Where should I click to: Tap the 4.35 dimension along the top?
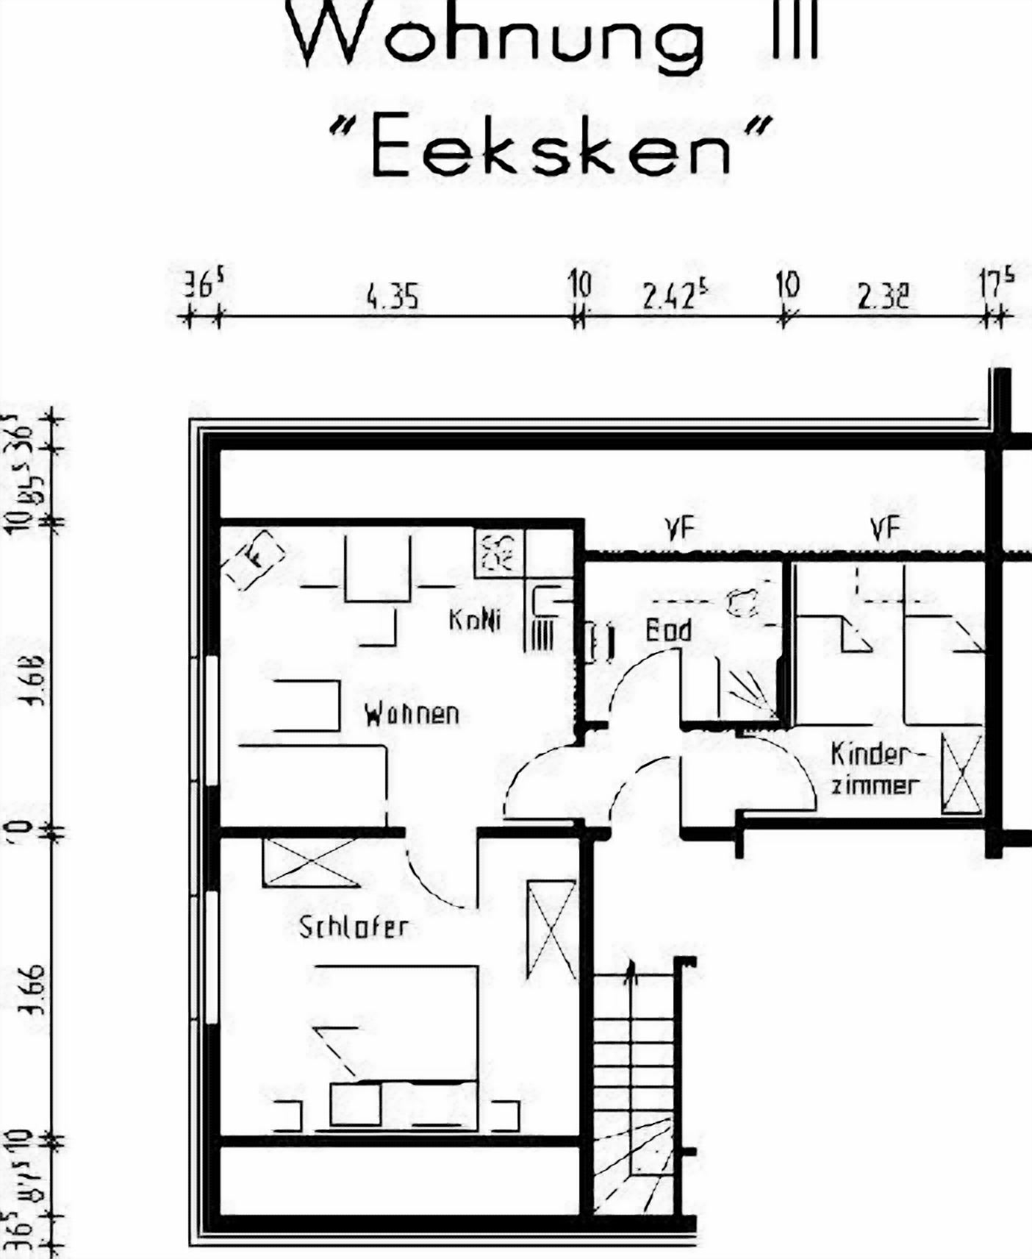(393, 297)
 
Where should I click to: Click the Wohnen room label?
(412, 714)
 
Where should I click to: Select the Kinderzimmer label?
(875, 769)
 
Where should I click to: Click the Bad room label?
(668, 630)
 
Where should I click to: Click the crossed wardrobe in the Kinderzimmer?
(962, 773)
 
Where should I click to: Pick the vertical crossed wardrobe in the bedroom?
(551, 930)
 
